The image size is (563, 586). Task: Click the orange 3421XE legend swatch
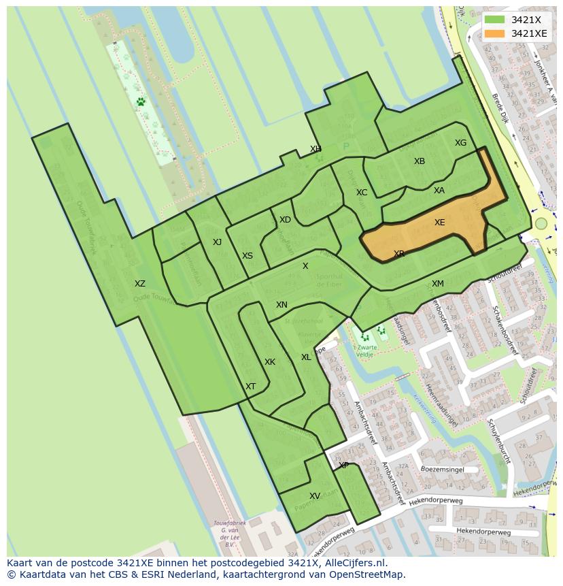(495, 33)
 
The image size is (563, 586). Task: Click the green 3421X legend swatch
(495, 20)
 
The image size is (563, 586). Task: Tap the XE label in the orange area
(440, 223)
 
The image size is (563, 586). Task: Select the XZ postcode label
(139, 284)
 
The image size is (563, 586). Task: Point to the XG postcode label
(460, 143)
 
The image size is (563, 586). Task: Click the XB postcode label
(420, 161)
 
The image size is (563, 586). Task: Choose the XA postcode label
(439, 191)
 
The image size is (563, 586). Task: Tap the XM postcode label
(438, 284)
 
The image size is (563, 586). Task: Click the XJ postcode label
(217, 242)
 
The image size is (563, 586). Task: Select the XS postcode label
(248, 256)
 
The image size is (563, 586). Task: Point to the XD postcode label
(285, 220)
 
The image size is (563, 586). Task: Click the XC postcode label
(362, 193)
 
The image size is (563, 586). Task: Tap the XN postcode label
(281, 305)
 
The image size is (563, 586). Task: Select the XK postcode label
(270, 362)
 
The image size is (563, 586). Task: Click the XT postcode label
(251, 387)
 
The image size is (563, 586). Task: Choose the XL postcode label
(306, 357)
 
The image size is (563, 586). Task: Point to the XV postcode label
(315, 496)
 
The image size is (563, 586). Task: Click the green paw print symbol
(140, 101)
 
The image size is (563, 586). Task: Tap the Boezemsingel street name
(442, 470)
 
